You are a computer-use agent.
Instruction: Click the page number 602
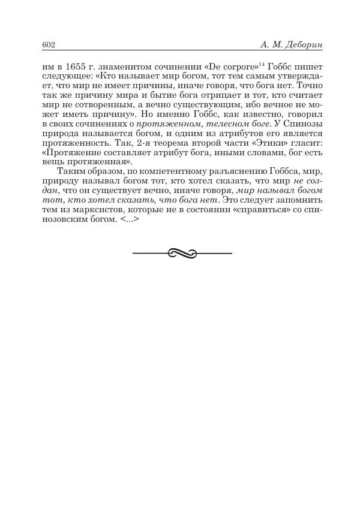pyautogui.click(x=49, y=45)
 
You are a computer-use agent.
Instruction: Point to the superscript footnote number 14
pyautogui.click(x=254, y=64)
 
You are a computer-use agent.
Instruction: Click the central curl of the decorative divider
pyautogui.click(x=182, y=254)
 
